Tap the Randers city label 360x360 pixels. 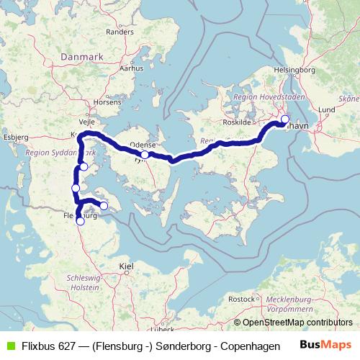coord(120,32)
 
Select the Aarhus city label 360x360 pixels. coord(127,69)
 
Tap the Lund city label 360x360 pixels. coord(326,109)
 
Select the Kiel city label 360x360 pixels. coord(127,266)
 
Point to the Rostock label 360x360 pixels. coord(241,298)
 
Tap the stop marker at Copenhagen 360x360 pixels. coord(284,120)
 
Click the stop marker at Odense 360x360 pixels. coord(145,154)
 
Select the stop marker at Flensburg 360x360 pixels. coord(81,221)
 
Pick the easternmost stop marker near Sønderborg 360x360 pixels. coord(104,206)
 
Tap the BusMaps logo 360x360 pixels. coord(326,344)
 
